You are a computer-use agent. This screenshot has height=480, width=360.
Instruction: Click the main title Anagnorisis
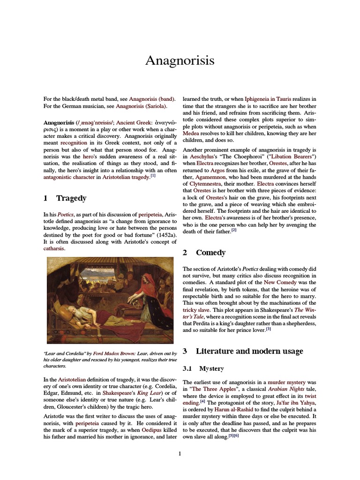pyautogui.click(x=180, y=60)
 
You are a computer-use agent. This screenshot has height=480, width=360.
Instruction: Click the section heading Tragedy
pyautogui.click(x=71, y=198)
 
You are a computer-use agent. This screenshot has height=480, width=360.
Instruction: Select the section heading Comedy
pyautogui.click(x=210, y=253)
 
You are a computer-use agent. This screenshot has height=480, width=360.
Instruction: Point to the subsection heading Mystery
pyautogui.click(x=211, y=368)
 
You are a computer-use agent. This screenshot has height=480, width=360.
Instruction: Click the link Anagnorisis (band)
pyautogui.click(x=152, y=99)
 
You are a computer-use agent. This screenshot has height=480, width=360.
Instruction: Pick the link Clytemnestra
pyautogui.click(x=201, y=183)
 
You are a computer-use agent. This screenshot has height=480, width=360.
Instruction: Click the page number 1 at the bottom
pyautogui.click(x=180, y=453)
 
